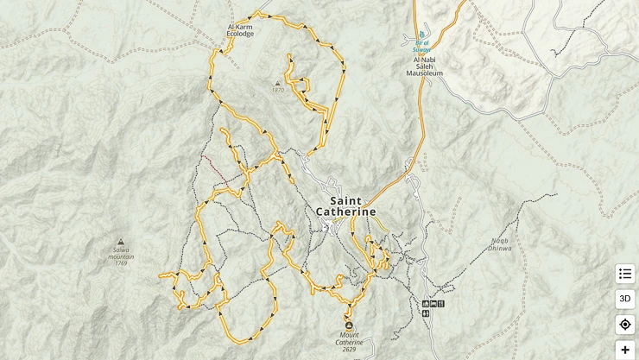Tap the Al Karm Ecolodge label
coord(241,30)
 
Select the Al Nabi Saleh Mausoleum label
coord(424,69)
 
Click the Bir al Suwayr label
coord(422,46)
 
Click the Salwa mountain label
coord(121,255)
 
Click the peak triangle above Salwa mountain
coord(120,243)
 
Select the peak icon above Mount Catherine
coord(349,325)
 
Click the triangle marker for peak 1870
coord(278,83)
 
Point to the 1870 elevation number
coord(278,91)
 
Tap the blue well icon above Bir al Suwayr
coord(421,35)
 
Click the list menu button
coord(625,274)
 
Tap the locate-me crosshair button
coord(625,325)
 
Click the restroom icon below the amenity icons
coord(426,313)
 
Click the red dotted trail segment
coord(214,169)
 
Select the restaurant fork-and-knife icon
coord(441,304)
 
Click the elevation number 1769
coord(121,262)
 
